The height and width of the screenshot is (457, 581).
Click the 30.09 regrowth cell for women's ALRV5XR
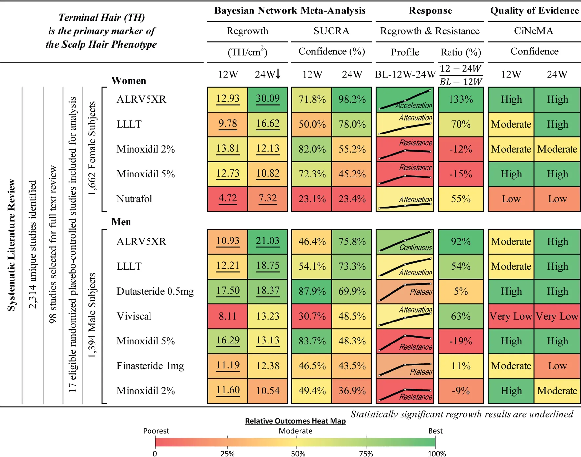click(268, 99)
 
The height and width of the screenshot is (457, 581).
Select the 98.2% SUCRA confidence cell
click(352, 99)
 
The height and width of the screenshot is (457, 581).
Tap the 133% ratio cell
click(461, 99)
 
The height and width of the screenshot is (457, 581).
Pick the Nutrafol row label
click(134, 199)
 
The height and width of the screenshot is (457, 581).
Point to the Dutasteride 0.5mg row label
click(155, 291)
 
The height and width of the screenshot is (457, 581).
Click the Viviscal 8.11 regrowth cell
click(228, 316)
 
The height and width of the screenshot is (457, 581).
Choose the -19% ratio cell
click(461, 341)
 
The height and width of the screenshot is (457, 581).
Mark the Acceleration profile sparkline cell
click(405, 99)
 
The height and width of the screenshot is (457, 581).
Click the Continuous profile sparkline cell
click(405, 241)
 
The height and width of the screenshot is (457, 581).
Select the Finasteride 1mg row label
click(150, 366)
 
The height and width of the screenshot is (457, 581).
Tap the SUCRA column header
click(331, 31)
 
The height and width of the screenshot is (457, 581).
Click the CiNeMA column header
click(533, 31)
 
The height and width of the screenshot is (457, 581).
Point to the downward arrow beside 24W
click(278, 74)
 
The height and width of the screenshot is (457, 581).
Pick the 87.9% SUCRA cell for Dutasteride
click(312, 291)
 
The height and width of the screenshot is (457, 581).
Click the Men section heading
click(121, 222)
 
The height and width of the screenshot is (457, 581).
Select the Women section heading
click(129, 81)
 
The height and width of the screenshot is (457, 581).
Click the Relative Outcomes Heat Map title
click(295, 421)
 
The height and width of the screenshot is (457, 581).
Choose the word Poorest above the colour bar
click(156, 431)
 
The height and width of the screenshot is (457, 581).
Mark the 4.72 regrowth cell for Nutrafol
click(228, 199)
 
